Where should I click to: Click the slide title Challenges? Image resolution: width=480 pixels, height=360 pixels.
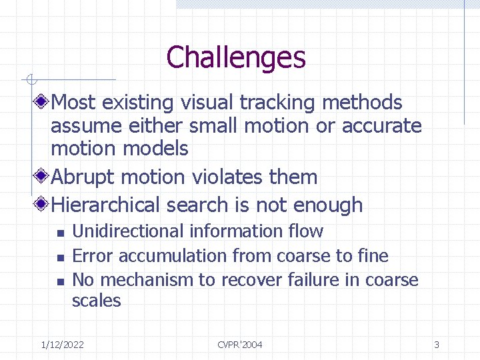[236, 57]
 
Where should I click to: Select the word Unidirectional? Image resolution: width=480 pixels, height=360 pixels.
[128, 231]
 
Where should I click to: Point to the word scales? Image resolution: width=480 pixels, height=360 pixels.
[97, 301]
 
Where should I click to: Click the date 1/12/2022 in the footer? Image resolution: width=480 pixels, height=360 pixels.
[62, 345]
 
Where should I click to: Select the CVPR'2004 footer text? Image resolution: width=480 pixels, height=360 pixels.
[240, 345]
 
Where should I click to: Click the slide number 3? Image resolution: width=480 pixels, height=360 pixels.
[436, 345]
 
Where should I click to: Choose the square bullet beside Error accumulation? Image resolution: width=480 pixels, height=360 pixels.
[59, 257]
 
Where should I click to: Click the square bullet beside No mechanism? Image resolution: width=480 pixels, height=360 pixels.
[59, 281]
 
